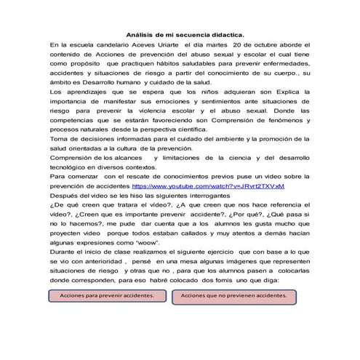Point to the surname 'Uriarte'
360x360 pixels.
point(183,45)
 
